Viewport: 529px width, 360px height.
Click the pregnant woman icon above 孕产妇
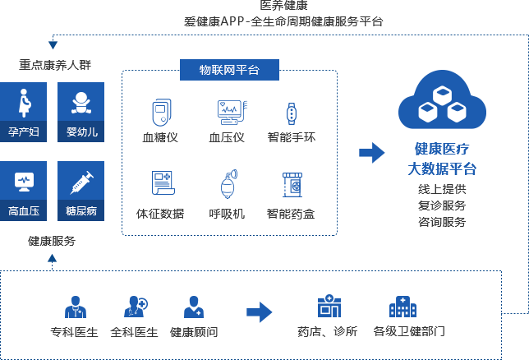24,102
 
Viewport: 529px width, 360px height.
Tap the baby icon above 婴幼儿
80,102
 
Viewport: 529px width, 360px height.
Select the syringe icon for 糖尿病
80,180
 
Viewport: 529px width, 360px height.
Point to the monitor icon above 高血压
24,180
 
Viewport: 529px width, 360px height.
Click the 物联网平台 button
229,70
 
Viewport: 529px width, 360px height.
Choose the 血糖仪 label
161,137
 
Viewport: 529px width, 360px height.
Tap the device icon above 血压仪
228,112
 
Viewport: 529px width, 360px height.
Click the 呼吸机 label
228,214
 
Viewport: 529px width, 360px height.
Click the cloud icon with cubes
442,103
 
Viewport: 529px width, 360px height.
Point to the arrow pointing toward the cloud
372,152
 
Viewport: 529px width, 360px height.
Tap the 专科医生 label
74,332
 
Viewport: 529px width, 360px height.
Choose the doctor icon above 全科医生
135,307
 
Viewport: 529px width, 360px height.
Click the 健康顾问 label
194,332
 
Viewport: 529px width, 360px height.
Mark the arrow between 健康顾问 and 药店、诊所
260,312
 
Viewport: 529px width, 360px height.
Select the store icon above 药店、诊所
329,307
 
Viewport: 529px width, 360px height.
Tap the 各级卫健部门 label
409,332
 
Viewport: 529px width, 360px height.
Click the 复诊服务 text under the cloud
442,205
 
